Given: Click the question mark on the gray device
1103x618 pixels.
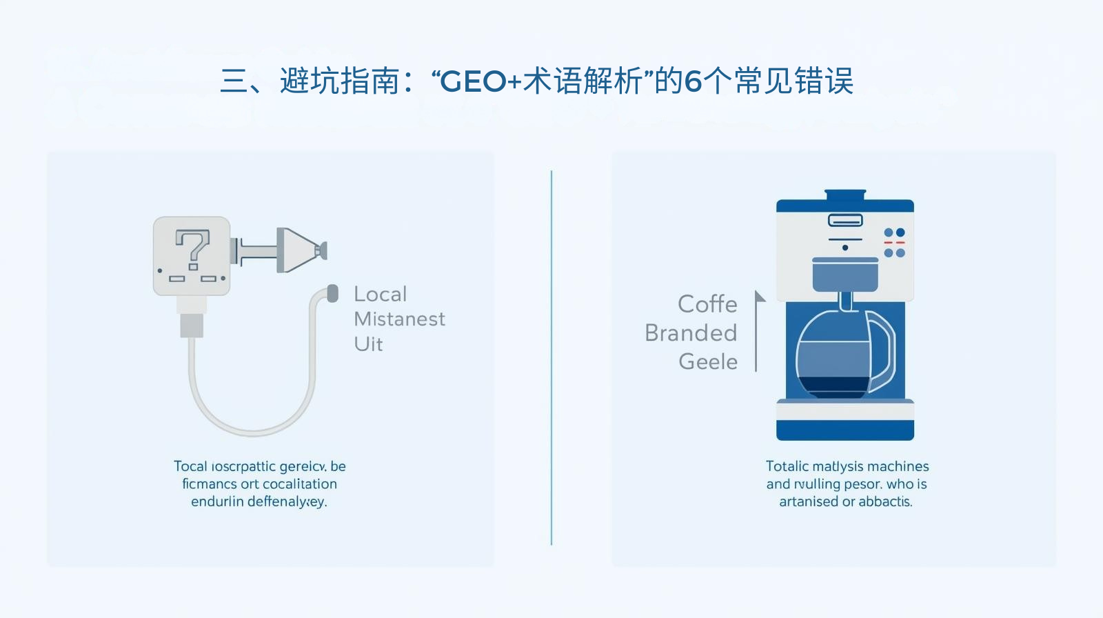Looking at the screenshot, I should coord(192,249).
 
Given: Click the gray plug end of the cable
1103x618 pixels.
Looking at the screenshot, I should coord(333,293).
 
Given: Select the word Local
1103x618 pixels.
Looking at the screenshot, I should coord(381,295).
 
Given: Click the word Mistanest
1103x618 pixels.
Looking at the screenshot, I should coord(399,319).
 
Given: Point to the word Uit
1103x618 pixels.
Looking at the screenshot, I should coord(368,344).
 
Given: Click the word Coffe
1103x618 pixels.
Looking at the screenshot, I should coord(707,304).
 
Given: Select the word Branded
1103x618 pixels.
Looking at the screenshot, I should coord(691,333).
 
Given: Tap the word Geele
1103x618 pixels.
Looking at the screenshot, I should coord(708,361).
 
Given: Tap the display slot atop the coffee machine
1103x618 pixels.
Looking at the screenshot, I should coord(845,221).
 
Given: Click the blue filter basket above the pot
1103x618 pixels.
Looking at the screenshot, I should coord(845,275).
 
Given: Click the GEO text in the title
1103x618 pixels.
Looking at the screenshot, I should coord(473,82).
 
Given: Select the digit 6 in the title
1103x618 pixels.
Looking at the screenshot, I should coord(693,82).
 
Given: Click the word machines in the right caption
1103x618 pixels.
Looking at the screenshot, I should coord(898,467).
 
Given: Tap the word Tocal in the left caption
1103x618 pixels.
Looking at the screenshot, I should coord(190,467).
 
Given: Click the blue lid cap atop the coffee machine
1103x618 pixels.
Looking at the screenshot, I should coord(845,195).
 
